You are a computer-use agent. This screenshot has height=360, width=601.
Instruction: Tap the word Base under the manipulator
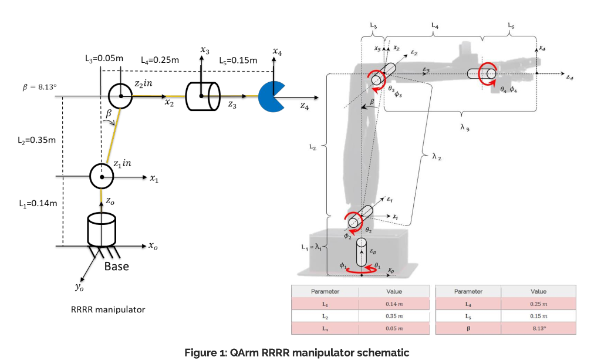point(116,266)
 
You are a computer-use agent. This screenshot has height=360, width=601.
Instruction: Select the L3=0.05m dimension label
point(104,59)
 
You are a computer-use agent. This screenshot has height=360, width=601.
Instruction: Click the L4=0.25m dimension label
point(160,60)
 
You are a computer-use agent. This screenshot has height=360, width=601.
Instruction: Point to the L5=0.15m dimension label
point(238,60)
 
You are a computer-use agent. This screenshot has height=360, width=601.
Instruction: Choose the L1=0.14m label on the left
point(38,204)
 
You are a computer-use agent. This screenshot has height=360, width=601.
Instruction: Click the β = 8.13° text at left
point(39,87)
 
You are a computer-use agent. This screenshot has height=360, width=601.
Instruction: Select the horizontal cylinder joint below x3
point(202,96)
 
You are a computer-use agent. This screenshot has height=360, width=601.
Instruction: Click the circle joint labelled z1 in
point(102,175)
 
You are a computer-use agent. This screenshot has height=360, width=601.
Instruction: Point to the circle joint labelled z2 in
point(120,95)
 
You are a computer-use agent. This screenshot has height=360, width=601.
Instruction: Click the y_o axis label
point(79,287)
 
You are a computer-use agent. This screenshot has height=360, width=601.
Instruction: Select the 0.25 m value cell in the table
point(538,304)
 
